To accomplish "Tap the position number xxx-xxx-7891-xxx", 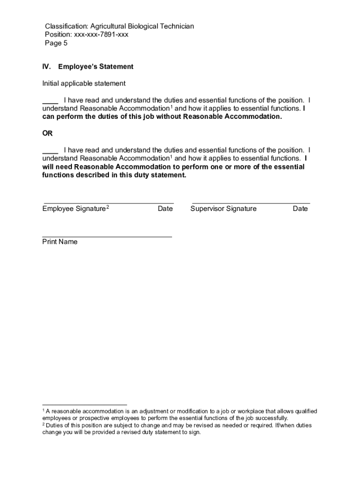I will [x=100, y=35].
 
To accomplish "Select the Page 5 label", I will [x=56, y=43].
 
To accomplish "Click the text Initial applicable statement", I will [x=84, y=83].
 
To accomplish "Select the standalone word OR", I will [x=48, y=133].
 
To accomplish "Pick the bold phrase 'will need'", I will [x=58, y=167].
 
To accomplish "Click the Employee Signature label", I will [x=74, y=209].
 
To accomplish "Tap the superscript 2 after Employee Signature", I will [x=108, y=207].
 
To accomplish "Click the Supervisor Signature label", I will [x=223, y=209].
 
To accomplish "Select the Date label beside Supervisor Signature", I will [x=300, y=209].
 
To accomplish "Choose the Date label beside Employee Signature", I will [x=165, y=209].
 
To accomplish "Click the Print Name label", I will [x=60, y=242].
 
